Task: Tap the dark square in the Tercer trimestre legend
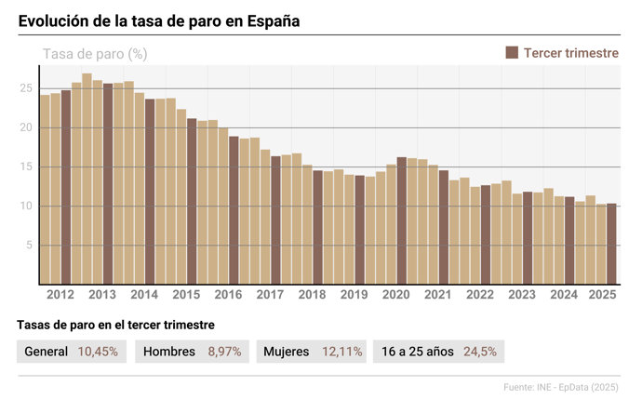coord(512,53)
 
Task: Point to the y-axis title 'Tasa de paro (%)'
coord(95,54)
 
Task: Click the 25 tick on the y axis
coord(27,88)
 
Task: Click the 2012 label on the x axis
coord(60,295)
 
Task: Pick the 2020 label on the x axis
coord(396,295)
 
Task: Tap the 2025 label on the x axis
coord(601,295)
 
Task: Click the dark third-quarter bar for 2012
coord(66,187)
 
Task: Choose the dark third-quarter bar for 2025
coord(611,244)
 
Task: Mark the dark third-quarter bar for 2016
coord(234,210)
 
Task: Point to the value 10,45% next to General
coord(98,352)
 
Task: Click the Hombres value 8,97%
coord(225,352)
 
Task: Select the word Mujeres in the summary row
coord(287,352)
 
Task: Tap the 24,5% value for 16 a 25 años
coord(480,352)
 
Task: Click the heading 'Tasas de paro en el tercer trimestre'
coord(116,325)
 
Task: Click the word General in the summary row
coord(47,352)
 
